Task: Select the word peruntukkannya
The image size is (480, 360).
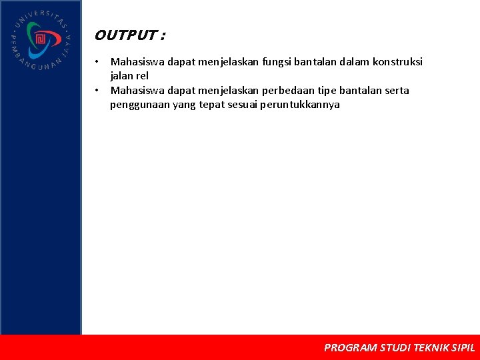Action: (x=300, y=105)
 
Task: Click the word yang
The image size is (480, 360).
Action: (x=184, y=105)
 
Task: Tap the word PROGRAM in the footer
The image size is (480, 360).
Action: (x=350, y=347)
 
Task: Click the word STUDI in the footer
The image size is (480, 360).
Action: (x=395, y=347)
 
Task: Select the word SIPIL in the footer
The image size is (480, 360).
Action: (x=463, y=347)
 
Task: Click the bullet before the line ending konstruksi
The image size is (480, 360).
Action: (x=97, y=62)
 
